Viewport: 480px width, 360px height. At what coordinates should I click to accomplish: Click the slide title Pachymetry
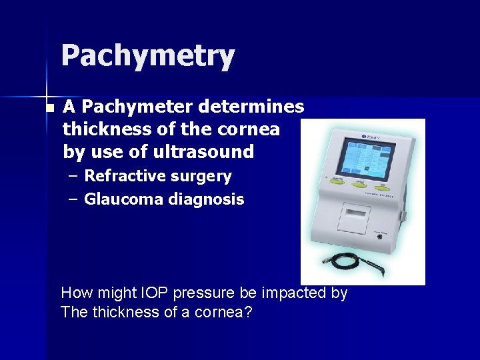[147, 57]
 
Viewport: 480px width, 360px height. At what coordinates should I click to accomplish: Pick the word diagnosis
[211, 199]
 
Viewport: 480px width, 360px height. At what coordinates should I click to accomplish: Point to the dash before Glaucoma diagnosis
[73, 199]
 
